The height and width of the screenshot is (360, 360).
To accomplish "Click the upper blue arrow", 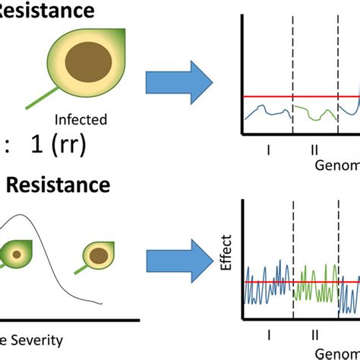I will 182,78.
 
